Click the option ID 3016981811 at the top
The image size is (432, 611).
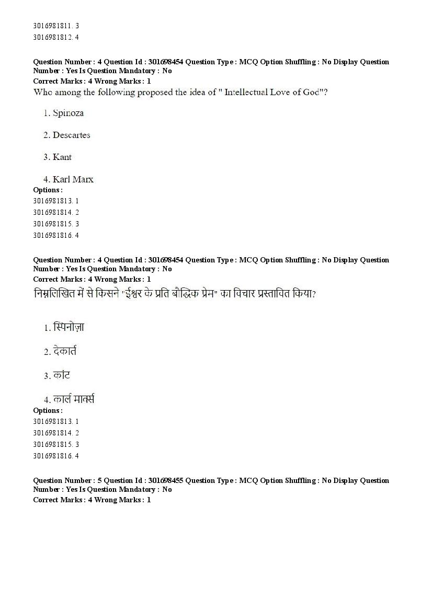pyautogui.click(x=52, y=26)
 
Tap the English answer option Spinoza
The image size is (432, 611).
pyautogui.click(x=68, y=113)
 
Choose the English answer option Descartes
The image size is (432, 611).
pyautogui.click(x=71, y=135)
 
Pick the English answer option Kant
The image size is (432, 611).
pyautogui.click(x=62, y=157)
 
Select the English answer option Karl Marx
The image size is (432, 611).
pyautogui.click(x=73, y=179)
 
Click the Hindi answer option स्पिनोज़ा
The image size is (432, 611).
pyautogui.click(x=69, y=328)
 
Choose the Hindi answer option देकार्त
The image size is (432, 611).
pyautogui.click(x=65, y=351)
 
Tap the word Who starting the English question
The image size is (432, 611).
pyautogui.click(x=41, y=93)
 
